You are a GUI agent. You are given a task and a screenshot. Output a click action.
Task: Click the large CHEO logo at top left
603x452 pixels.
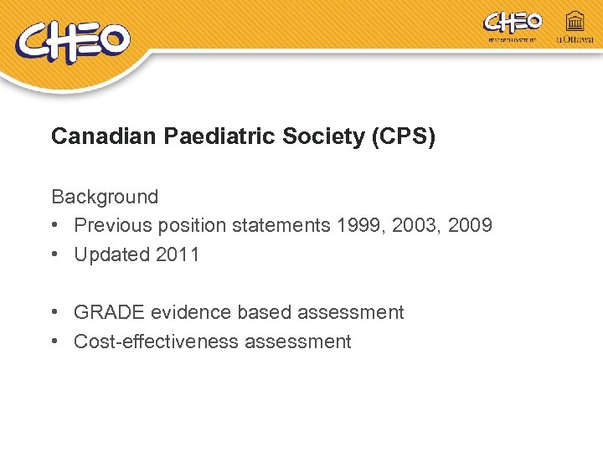coord(73,43)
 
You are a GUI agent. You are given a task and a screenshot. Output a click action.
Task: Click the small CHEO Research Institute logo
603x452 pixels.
coord(513,25)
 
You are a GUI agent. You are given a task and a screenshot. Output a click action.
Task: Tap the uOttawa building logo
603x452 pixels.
coord(575,27)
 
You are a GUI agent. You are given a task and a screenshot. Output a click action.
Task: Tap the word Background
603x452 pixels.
coord(105,197)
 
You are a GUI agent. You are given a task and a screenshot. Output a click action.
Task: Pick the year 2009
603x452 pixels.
coord(470,226)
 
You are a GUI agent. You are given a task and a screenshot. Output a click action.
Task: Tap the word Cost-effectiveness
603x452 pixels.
coord(148,342)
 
